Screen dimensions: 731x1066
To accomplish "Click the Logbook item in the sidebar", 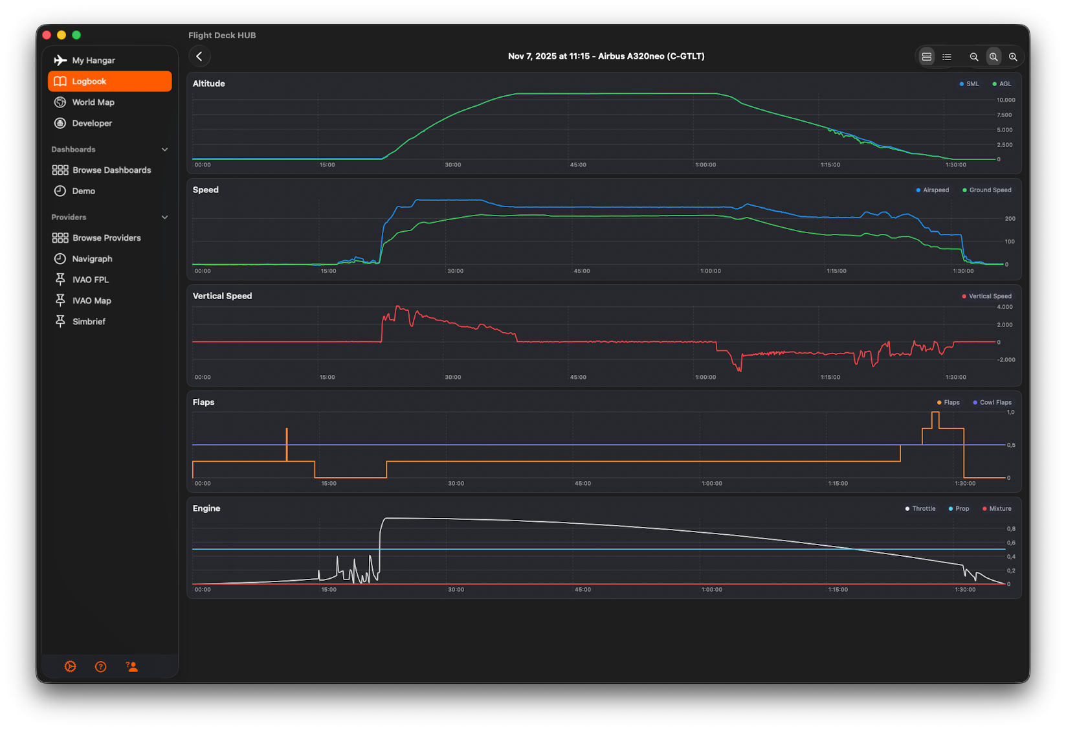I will point(109,82).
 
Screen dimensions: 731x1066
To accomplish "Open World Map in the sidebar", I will point(93,102).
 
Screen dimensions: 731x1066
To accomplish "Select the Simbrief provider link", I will point(88,322).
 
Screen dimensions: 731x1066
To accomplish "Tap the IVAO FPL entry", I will point(89,280).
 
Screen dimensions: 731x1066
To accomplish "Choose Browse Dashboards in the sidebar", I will point(111,170).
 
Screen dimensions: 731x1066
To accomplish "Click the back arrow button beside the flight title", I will point(199,57).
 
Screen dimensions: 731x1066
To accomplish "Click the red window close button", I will point(47,35).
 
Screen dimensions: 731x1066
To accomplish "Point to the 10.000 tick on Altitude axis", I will point(1006,100).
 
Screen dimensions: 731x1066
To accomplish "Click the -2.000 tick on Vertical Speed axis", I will point(1006,360).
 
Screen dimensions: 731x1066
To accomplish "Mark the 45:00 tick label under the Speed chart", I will point(581,271).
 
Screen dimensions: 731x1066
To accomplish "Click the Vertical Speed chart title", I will point(222,297).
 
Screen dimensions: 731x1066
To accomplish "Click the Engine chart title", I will point(206,509).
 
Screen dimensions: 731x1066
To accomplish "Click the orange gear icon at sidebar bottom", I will point(71,667).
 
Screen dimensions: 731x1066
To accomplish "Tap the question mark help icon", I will point(101,667).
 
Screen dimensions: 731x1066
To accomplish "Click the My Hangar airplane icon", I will point(60,60).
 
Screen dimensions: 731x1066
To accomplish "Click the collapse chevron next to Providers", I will point(164,218).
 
